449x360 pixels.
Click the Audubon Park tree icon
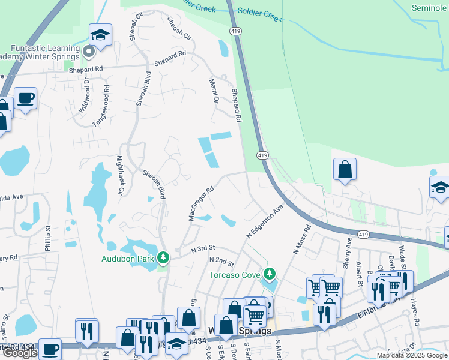pos(163,258)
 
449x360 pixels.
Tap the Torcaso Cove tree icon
pos(270,274)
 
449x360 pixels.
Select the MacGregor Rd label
pos(201,204)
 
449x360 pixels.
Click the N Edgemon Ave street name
pos(265,223)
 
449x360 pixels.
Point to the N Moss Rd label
pos(301,239)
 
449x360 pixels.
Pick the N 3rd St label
pos(203,248)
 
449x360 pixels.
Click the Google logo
pos(19,353)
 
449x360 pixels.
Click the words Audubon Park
pos(128,259)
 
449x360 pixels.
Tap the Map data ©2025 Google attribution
pos(411,355)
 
